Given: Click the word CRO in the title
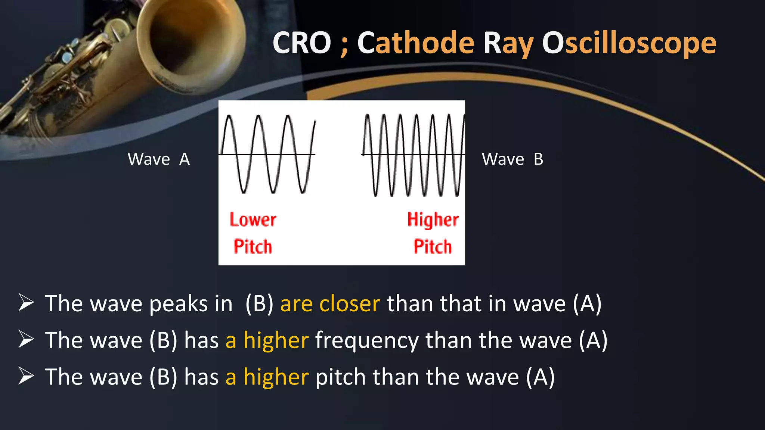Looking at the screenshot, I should point(302,43).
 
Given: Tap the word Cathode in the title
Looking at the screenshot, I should point(416,43).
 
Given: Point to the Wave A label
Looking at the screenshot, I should point(159,159).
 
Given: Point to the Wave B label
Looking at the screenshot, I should point(512,159).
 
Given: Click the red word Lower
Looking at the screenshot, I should point(253,219).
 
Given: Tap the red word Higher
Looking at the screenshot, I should point(433,219).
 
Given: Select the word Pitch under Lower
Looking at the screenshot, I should point(253,247).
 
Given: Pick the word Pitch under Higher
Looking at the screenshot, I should point(433,247).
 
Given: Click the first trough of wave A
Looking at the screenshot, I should point(244,191).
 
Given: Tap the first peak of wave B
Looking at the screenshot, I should point(368,116).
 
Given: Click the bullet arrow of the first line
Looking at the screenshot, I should point(26,303).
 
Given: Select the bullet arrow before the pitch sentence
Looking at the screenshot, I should point(26,376).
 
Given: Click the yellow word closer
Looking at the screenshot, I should point(349,303).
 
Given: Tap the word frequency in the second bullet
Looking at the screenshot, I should point(367,341).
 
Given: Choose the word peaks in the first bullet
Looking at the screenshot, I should point(179,304).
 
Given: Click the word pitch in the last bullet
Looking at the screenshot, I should point(340,377).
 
